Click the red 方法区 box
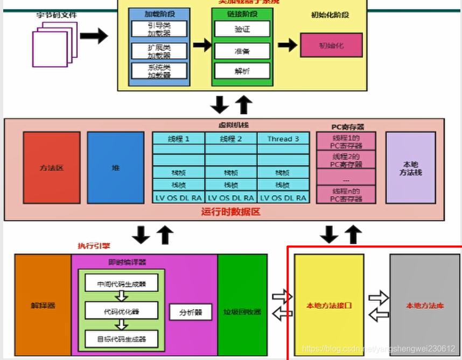[52, 168]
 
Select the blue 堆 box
[115, 168]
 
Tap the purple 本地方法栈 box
[410, 168]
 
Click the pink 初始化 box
[331, 45]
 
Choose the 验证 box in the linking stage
[242, 29]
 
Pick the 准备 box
[242, 50]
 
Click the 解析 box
[242, 71]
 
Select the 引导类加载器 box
[159, 29]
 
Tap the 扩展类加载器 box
[159, 51]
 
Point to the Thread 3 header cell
[283, 138]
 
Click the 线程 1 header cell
[178, 138]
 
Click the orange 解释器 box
[43, 305]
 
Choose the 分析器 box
[190, 312]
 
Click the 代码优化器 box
[121, 310]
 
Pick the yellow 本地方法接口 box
[329, 306]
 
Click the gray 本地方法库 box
[425, 306]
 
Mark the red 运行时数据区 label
[230, 211]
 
